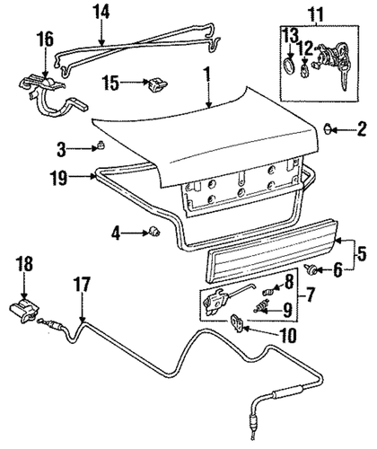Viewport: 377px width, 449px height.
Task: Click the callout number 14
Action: [101, 13]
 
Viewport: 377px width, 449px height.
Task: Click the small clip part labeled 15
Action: [159, 84]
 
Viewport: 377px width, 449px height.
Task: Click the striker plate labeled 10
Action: [237, 321]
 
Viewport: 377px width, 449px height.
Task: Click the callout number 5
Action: [363, 252]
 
